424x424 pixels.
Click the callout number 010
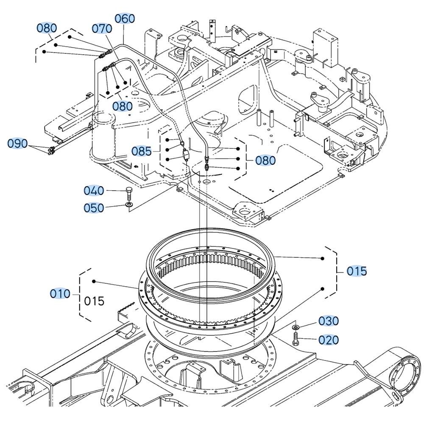60,293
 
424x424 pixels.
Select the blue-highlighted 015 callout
357,271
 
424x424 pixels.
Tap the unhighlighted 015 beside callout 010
94,301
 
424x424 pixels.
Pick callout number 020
329,340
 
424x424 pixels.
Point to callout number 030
329,321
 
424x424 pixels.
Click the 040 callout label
94,191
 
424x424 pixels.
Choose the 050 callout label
94,208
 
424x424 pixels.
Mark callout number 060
125,19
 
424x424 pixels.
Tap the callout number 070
102,28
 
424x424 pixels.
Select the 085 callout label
141,151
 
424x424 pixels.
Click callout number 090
18,143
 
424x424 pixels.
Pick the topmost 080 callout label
46,28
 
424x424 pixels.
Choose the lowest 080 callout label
266,160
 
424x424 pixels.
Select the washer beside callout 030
295,328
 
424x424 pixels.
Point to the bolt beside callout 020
296,339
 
